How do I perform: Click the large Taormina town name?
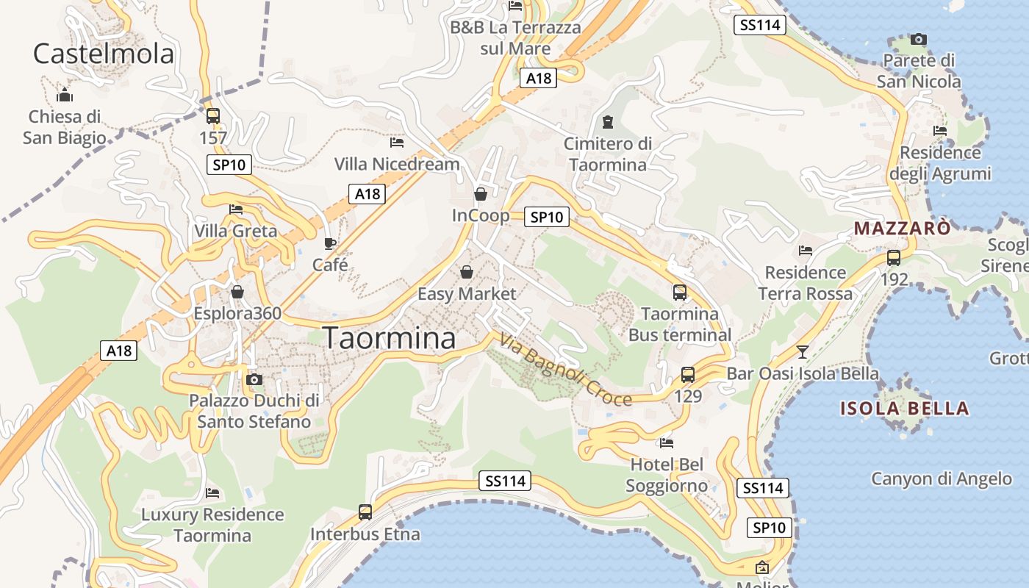point(390,338)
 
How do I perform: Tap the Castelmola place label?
point(104,54)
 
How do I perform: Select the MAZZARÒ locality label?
point(902,229)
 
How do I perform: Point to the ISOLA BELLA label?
point(904,409)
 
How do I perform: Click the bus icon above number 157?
point(213,116)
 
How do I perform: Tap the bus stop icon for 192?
point(894,258)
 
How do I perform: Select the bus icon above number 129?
point(688,375)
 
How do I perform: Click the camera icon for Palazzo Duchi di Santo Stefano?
point(254,379)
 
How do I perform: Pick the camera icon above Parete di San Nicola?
point(919,40)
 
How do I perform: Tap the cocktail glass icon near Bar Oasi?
point(803,352)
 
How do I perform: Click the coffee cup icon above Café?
point(330,243)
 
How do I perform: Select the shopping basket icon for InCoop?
point(481,194)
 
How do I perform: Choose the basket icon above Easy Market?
point(467,273)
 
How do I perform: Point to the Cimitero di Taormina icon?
point(608,121)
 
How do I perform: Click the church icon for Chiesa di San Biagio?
point(65,95)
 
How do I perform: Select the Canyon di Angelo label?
point(942,479)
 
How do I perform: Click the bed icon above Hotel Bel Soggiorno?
point(667,442)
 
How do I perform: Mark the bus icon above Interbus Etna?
point(365,512)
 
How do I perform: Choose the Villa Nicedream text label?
point(397,164)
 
